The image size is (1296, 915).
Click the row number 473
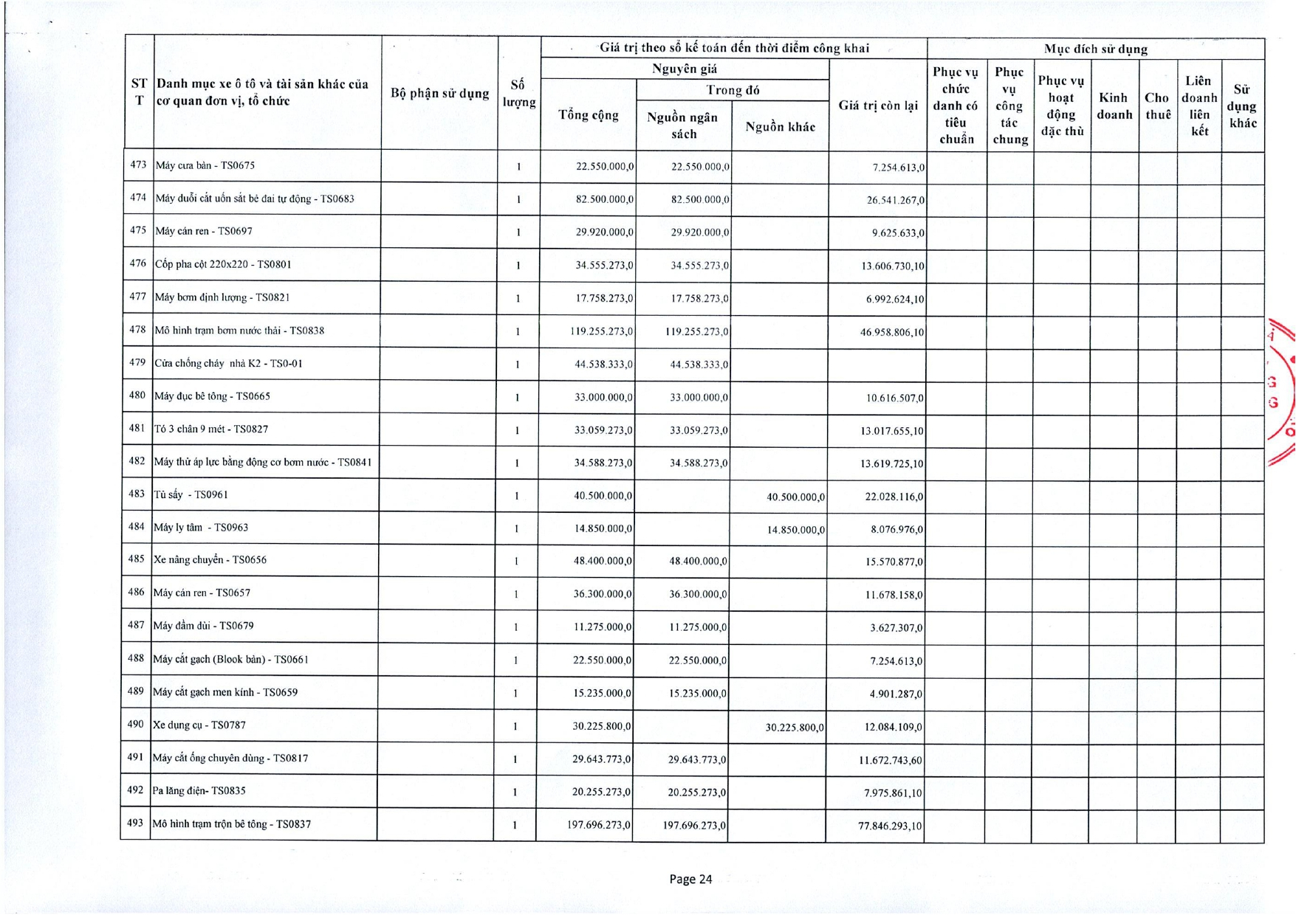[x=138, y=165]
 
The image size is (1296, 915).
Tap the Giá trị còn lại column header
[x=877, y=106]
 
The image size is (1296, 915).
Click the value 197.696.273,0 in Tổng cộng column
[x=599, y=824]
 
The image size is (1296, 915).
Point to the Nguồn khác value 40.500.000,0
[x=795, y=497]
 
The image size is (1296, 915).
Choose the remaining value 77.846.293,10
[x=890, y=826]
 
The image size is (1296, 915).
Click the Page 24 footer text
[x=690, y=879]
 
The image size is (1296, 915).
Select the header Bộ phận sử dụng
[x=439, y=93]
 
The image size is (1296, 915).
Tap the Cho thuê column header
[x=1157, y=106]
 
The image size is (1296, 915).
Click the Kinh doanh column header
[x=1114, y=106]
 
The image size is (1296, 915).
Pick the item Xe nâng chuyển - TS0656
[x=210, y=560]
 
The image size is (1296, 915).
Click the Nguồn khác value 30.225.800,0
[x=795, y=728]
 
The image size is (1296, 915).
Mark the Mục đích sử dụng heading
[x=1095, y=49]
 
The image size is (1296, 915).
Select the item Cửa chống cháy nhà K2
[x=228, y=363]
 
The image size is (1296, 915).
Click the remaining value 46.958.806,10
[x=891, y=333]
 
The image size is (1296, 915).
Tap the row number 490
[x=136, y=724]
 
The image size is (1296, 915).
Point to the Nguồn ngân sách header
[x=682, y=125]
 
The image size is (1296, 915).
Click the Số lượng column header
[x=518, y=93]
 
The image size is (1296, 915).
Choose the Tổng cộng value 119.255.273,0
[x=601, y=331]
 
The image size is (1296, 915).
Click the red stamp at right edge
[x=1283, y=391]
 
